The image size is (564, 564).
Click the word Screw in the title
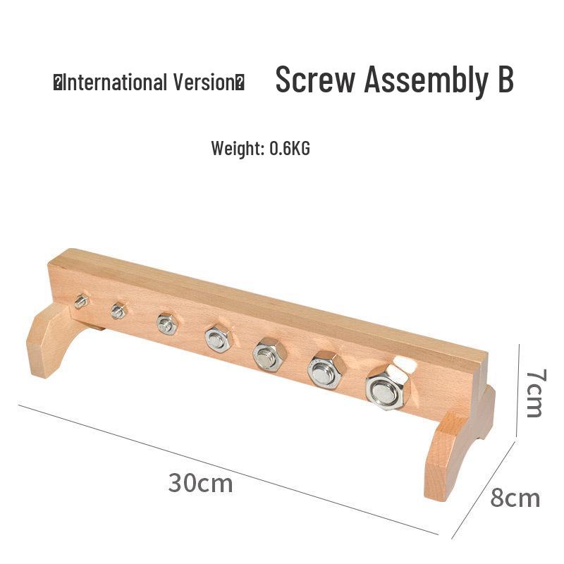click(x=315, y=80)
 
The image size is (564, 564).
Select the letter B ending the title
click(x=501, y=80)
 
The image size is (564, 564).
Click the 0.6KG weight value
click(x=290, y=148)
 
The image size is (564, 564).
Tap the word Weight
click(x=238, y=148)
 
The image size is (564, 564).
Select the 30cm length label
click(x=200, y=484)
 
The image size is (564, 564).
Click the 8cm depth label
click(x=515, y=498)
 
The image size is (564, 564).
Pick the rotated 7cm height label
click(x=534, y=392)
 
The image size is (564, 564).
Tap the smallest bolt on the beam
click(x=81, y=302)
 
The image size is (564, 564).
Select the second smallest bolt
click(x=118, y=310)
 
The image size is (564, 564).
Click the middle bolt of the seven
click(x=218, y=338)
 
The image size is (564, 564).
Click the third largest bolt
click(x=268, y=354)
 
